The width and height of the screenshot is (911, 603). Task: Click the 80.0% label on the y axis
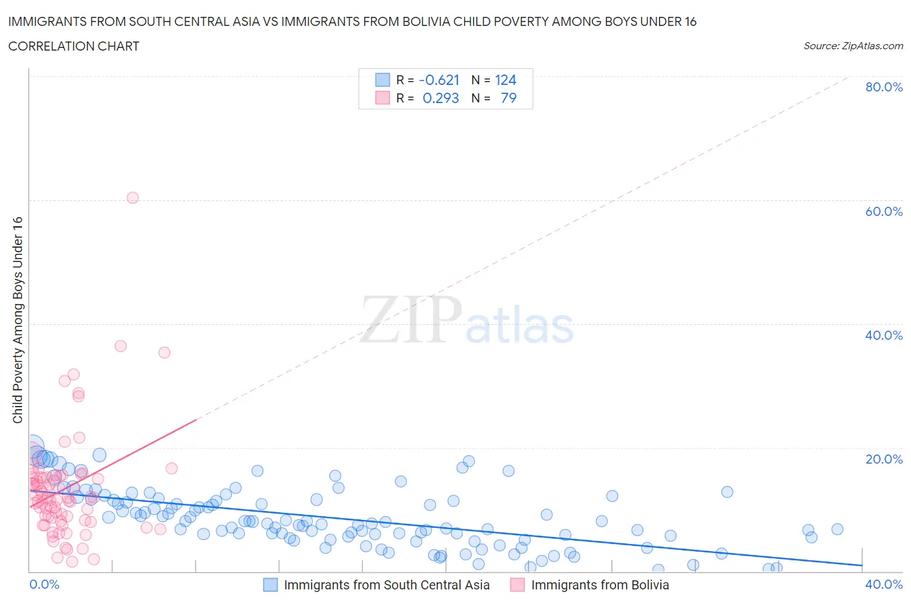(x=884, y=87)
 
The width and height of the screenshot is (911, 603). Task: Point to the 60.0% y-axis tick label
(x=884, y=211)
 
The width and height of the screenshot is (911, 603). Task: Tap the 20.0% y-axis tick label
(x=884, y=459)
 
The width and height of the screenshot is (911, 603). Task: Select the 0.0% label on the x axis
(x=44, y=584)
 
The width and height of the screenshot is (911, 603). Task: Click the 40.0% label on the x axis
(x=884, y=584)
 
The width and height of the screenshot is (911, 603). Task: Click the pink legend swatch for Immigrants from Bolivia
(x=517, y=585)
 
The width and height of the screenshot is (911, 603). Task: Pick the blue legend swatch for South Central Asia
(x=270, y=585)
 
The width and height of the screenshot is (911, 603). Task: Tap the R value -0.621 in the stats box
(x=439, y=80)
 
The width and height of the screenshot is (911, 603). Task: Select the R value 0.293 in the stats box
(x=441, y=99)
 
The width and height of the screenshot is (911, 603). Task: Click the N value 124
(x=505, y=80)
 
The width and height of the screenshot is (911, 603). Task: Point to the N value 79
(x=509, y=99)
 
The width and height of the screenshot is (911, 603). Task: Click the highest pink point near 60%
(x=133, y=198)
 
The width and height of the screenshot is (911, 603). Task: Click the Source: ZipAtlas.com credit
(x=853, y=46)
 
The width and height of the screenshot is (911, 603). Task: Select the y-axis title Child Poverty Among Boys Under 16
(x=17, y=320)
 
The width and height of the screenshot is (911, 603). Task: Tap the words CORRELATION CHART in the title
(x=74, y=46)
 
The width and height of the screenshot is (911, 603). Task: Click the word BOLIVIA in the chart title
(x=443, y=22)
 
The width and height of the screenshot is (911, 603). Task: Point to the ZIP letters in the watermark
(x=410, y=320)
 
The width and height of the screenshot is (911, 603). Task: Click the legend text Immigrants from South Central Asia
(x=387, y=585)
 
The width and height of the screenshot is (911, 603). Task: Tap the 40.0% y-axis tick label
(x=884, y=335)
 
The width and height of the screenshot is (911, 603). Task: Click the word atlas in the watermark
(x=520, y=326)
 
